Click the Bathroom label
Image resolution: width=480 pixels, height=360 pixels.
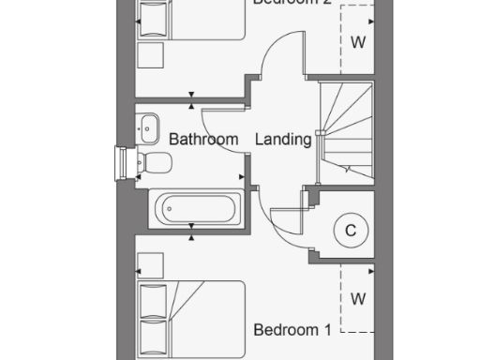click(x=203, y=140)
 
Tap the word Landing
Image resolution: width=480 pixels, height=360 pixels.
click(x=283, y=140)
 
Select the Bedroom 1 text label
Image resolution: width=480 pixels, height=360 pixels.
click(x=292, y=330)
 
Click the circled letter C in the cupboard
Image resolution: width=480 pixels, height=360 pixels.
click(x=351, y=230)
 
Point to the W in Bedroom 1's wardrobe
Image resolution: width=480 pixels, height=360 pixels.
click(x=357, y=299)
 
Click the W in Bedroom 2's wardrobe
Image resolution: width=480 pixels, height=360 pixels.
click(x=357, y=42)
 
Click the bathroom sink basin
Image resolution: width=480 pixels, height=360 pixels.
click(x=148, y=123)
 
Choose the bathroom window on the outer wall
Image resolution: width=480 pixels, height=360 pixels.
click(x=120, y=162)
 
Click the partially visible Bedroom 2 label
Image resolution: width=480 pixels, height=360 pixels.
click(x=292, y=3)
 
